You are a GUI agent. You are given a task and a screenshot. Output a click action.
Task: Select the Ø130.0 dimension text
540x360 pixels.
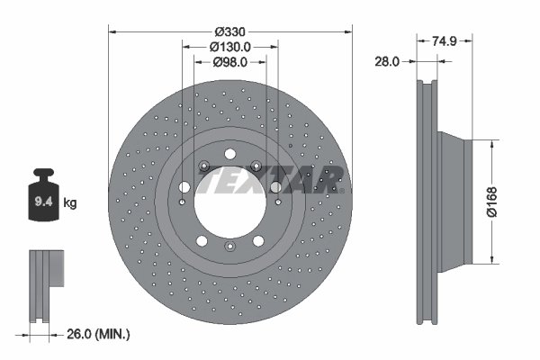229,46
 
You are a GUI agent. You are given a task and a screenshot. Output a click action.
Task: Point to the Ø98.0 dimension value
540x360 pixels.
230,62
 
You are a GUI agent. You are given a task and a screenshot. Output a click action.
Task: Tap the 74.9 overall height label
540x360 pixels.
447,40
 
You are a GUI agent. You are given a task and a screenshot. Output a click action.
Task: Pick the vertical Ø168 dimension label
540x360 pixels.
515,202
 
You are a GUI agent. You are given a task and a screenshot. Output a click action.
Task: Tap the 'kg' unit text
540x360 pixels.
70,202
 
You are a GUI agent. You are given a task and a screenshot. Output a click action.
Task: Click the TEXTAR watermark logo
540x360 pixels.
270,180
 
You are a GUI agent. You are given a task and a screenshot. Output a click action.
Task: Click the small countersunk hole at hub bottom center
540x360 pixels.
229,247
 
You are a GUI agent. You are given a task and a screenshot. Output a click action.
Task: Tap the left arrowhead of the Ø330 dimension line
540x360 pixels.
112,30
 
